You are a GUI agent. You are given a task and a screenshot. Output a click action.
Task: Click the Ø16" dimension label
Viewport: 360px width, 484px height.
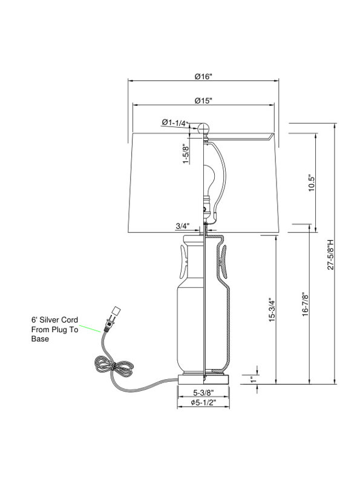click(204, 76)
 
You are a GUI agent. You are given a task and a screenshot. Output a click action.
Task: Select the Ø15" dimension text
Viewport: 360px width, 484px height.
click(203, 100)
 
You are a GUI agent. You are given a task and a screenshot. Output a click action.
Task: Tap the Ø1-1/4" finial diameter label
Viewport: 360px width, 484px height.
click(175, 123)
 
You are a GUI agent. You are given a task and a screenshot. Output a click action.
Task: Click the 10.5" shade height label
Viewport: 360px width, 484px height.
click(312, 183)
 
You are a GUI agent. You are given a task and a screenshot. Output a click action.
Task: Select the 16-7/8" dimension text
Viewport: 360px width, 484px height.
click(306, 304)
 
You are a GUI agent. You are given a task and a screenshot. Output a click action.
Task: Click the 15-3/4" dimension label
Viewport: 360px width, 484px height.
click(272, 310)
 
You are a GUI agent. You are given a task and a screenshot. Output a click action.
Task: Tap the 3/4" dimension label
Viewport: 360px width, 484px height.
click(182, 226)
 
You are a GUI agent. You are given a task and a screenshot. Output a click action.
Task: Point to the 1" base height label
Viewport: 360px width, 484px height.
click(254, 379)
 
